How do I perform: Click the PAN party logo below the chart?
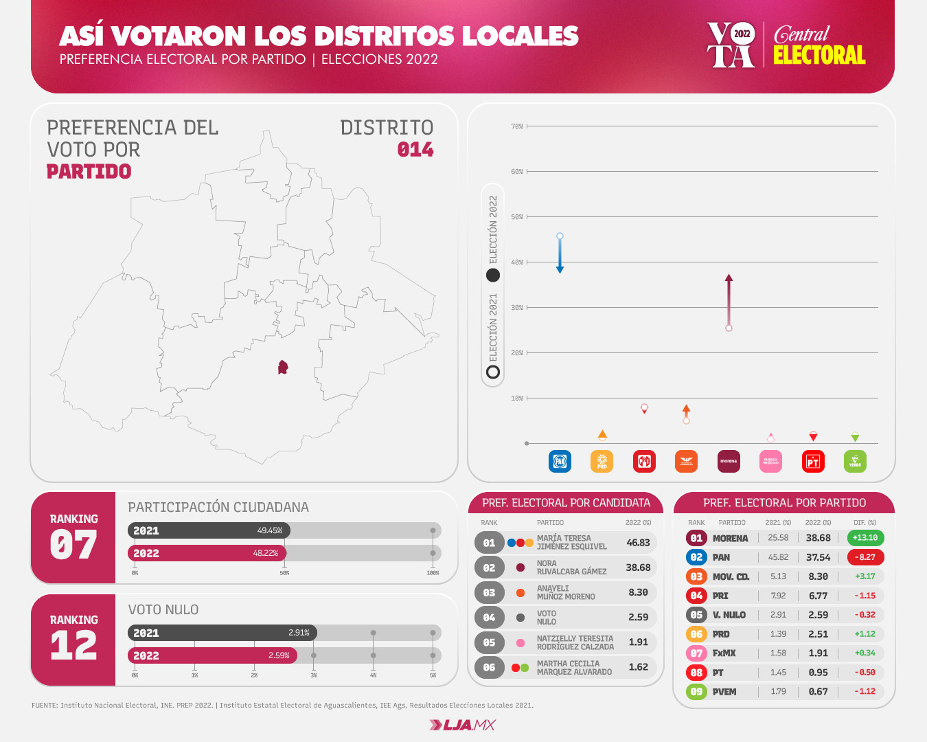click(560, 461)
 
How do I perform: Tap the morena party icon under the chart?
click(729, 461)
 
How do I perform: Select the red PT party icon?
click(813, 461)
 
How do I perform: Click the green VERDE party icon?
click(855, 461)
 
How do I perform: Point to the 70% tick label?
click(517, 126)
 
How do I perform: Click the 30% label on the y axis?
click(517, 308)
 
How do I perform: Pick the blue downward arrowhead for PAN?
click(560, 269)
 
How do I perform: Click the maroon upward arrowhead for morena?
click(729, 278)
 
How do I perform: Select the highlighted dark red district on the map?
click(282, 368)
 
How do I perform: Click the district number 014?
click(415, 150)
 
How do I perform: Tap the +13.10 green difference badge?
click(865, 538)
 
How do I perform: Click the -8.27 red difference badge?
click(865, 557)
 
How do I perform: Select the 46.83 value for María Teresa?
click(638, 543)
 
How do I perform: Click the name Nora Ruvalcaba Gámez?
click(571, 567)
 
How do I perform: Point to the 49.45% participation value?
click(270, 530)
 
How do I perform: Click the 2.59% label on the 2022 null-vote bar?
click(279, 655)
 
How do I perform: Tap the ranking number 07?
click(73, 546)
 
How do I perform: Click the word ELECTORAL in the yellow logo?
click(819, 56)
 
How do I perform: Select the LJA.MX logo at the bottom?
click(462, 725)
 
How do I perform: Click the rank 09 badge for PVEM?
click(696, 692)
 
